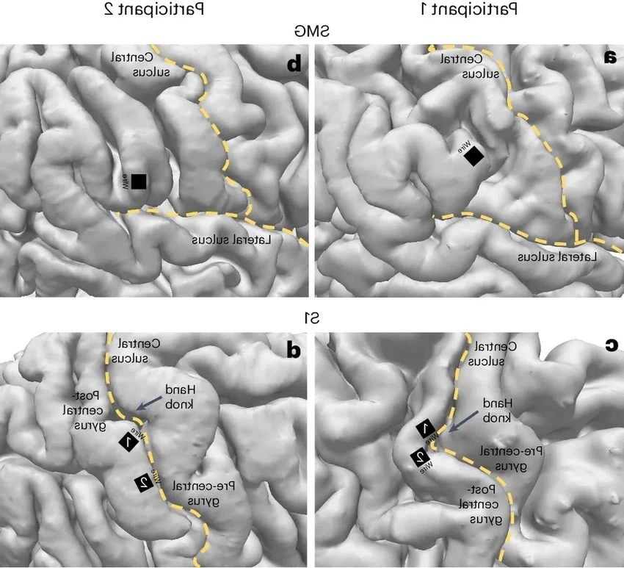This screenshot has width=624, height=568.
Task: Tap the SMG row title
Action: tap(312, 31)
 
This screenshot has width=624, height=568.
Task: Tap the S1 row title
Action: tap(312, 318)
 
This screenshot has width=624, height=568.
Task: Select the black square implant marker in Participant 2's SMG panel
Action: tap(139, 181)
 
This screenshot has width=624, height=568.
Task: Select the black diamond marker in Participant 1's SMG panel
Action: tap(474, 156)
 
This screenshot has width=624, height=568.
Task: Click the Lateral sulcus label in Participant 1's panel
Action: tap(556, 257)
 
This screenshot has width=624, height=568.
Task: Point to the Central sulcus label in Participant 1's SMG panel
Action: tap(484, 65)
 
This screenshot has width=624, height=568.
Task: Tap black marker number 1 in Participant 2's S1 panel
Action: tap(128, 442)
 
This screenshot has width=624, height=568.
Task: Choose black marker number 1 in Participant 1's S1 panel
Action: tap(426, 429)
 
